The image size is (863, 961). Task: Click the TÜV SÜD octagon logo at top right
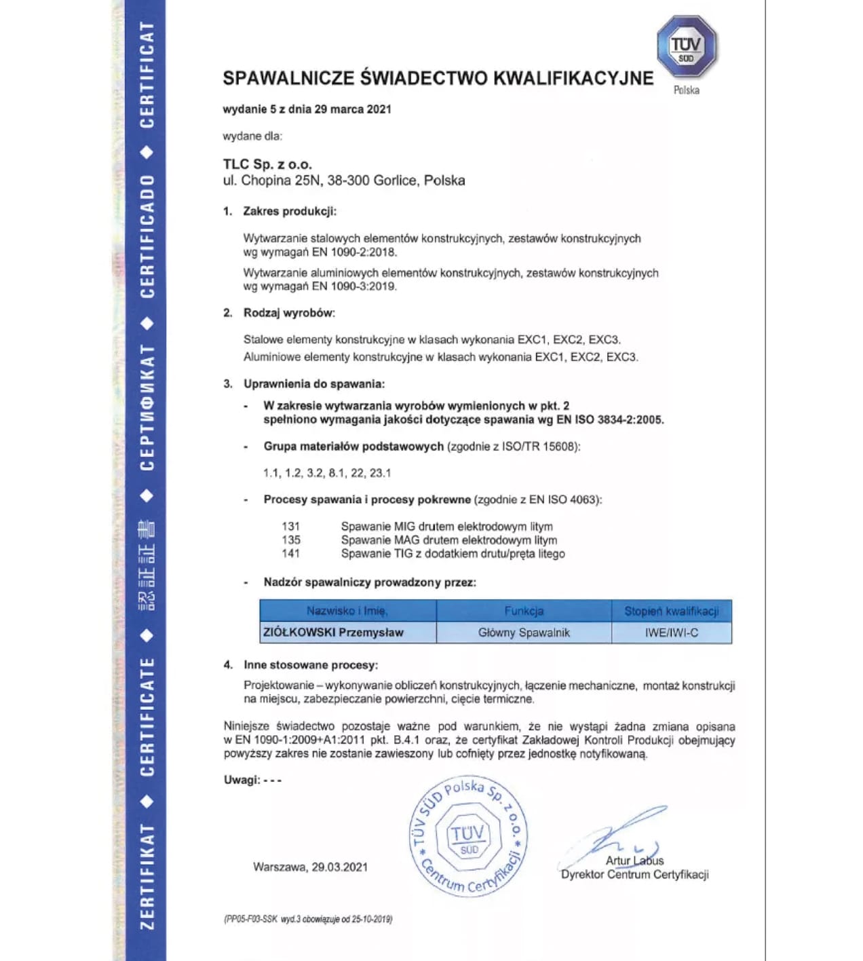(686, 46)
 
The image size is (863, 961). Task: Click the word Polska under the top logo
(686, 90)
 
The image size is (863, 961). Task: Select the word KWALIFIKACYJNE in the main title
(573, 78)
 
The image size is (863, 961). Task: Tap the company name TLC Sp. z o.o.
(267, 164)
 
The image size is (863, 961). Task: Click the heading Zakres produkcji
(290, 211)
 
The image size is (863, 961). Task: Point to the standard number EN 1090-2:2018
(354, 252)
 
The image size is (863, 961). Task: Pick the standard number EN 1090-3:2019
(354, 286)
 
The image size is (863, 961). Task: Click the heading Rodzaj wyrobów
(289, 313)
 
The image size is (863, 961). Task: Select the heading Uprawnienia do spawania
(314, 384)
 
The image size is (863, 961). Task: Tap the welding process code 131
(290, 527)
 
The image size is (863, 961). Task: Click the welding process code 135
(290, 540)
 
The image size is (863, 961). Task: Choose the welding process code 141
(290, 554)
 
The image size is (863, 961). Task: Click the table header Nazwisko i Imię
(347, 611)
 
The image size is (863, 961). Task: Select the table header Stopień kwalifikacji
(671, 611)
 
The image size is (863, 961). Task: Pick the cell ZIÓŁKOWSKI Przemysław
(333, 633)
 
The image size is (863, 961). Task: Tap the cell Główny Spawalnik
(524, 633)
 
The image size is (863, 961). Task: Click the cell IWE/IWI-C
(671, 633)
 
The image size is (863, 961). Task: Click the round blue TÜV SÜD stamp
(469, 836)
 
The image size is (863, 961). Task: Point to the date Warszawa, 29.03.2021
(310, 867)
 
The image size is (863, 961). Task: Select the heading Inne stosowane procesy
(311, 665)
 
